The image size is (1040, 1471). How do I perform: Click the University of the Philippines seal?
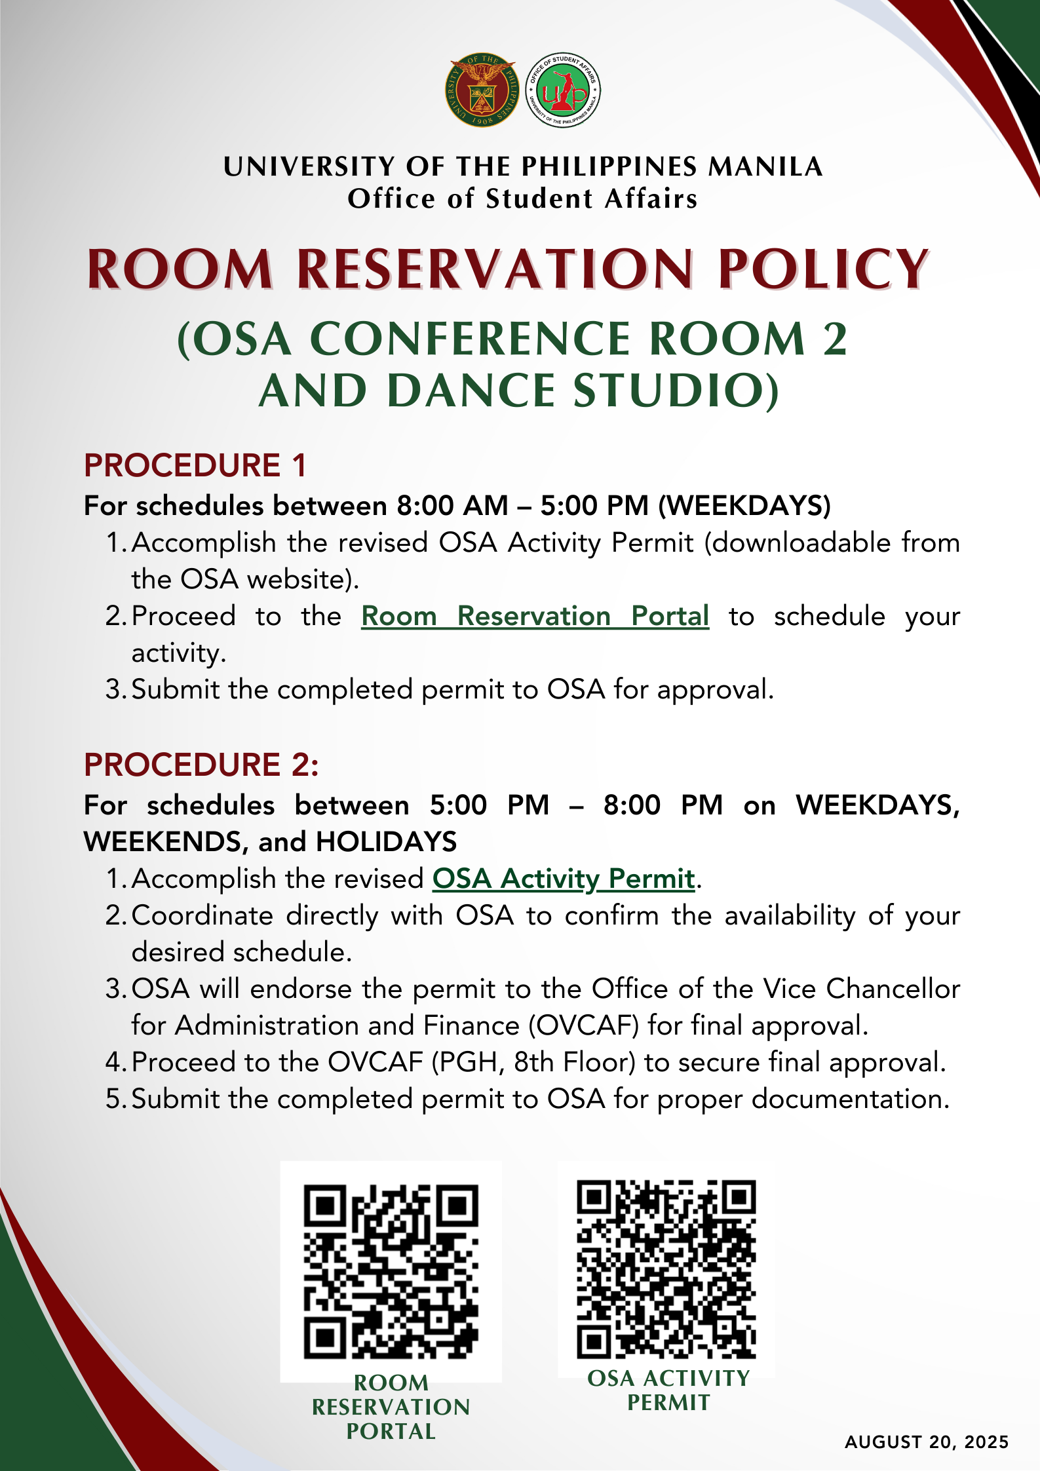(x=482, y=90)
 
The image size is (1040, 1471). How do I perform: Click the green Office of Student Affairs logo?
(x=563, y=90)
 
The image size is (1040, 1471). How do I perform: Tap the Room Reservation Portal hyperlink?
(x=535, y=616)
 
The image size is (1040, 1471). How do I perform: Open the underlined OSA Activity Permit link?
(x=563, y=879)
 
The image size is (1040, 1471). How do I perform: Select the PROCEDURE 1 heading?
(x=195, y=465)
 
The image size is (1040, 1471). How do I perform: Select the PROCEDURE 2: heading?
(x=201, y=765)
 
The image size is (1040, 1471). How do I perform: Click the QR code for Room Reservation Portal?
(x=391, y=1271)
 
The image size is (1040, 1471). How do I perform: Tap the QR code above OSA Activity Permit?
(x=666, y=1269)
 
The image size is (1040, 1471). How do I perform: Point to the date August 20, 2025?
(x=927, y=1442)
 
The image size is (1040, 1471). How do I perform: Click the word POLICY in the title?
(x=823, y=269)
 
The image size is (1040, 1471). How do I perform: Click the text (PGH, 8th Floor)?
(x=533, y=1062)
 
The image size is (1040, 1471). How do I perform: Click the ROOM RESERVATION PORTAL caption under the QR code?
(x=391, y=1407)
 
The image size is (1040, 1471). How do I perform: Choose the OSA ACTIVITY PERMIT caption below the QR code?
(x=668, y=1390)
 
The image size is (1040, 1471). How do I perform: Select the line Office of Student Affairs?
(x=522, y=199)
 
